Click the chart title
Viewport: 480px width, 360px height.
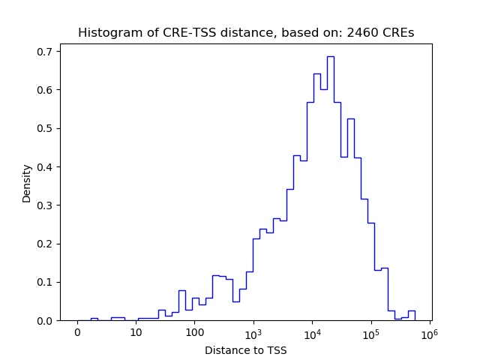[x=246, y=33]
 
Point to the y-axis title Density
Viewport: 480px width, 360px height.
[x=27, y=183]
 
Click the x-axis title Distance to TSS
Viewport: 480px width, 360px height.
[x=246, y=350]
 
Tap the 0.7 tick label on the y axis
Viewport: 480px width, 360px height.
[x=45, y=52]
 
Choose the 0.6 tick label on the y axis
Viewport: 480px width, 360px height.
[x=45, y=90]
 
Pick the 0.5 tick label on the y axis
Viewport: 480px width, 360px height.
[x=45, y=128]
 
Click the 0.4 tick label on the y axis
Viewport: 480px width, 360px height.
[x=45, y=166]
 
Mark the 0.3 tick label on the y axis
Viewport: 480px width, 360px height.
[x=45, y=205]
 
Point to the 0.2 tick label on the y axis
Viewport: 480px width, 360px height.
[x=45, y=244]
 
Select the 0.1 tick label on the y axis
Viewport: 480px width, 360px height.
[x=45, y=282]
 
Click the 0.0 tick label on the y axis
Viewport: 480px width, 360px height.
[x=45, y=320]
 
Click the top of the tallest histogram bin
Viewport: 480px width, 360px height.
[x=330, y=56]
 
